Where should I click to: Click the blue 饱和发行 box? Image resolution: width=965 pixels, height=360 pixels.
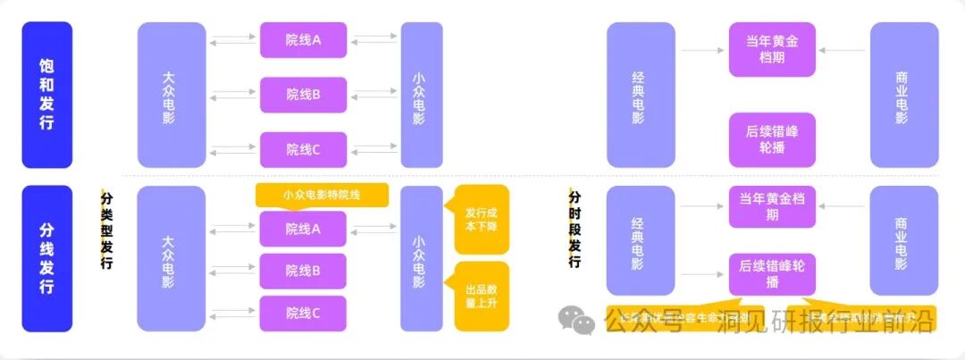(x=46, y=95)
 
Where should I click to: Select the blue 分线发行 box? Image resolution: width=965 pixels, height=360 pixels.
(x=46, y=258)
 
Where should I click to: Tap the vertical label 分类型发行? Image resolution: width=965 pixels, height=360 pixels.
(x=107, y=229)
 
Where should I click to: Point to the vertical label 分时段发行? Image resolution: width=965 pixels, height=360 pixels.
(x=575, y=229)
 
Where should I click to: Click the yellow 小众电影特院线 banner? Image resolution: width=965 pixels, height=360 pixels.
(x=322, y=195)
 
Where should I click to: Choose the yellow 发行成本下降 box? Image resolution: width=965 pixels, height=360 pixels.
(x=482, y=220)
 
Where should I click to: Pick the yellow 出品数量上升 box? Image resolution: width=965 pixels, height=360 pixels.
(x=482, y=296)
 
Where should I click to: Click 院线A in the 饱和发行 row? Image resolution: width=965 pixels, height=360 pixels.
(x=303, y=40)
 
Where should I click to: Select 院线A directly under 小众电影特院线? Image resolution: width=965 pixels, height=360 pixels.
(x=303, y=229)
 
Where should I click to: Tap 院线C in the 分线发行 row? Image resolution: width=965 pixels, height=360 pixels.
(x=303, y=313)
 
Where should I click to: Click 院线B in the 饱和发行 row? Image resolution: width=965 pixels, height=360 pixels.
(x=303, y=95)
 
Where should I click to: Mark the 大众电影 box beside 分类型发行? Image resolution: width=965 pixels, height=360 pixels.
(x=171, y=258)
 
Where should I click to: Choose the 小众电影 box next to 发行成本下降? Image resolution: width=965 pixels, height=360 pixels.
(x=421, y=258)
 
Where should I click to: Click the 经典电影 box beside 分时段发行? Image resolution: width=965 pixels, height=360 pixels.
(x=641, y=241)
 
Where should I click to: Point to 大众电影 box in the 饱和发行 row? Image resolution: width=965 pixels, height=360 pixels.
(x=171, y=95)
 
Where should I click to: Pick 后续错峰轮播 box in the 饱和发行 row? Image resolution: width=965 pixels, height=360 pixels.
(x=772, y=140)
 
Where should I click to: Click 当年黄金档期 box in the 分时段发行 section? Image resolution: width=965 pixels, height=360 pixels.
(x=772, y=207)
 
